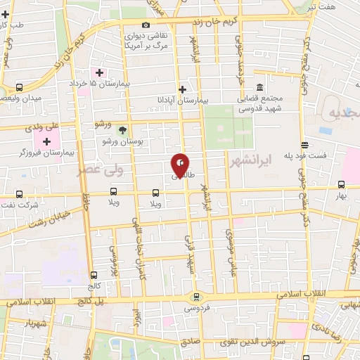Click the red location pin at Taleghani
pyautogui.click(x=181, y=165)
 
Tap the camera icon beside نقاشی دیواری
pyautogui.click(x=146, y=25)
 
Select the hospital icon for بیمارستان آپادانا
pyautogui.click(x=183, y=89)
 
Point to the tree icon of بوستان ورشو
pyautogui.click(x=123, y=130)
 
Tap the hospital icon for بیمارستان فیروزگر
pyautogui.click(x=47, y=141)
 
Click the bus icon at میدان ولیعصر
pyautogui.click(x=19, y=88)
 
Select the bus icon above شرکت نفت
pyautogui.click(x=19, y=194)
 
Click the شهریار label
pyautogui.click(x=34, y=324)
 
